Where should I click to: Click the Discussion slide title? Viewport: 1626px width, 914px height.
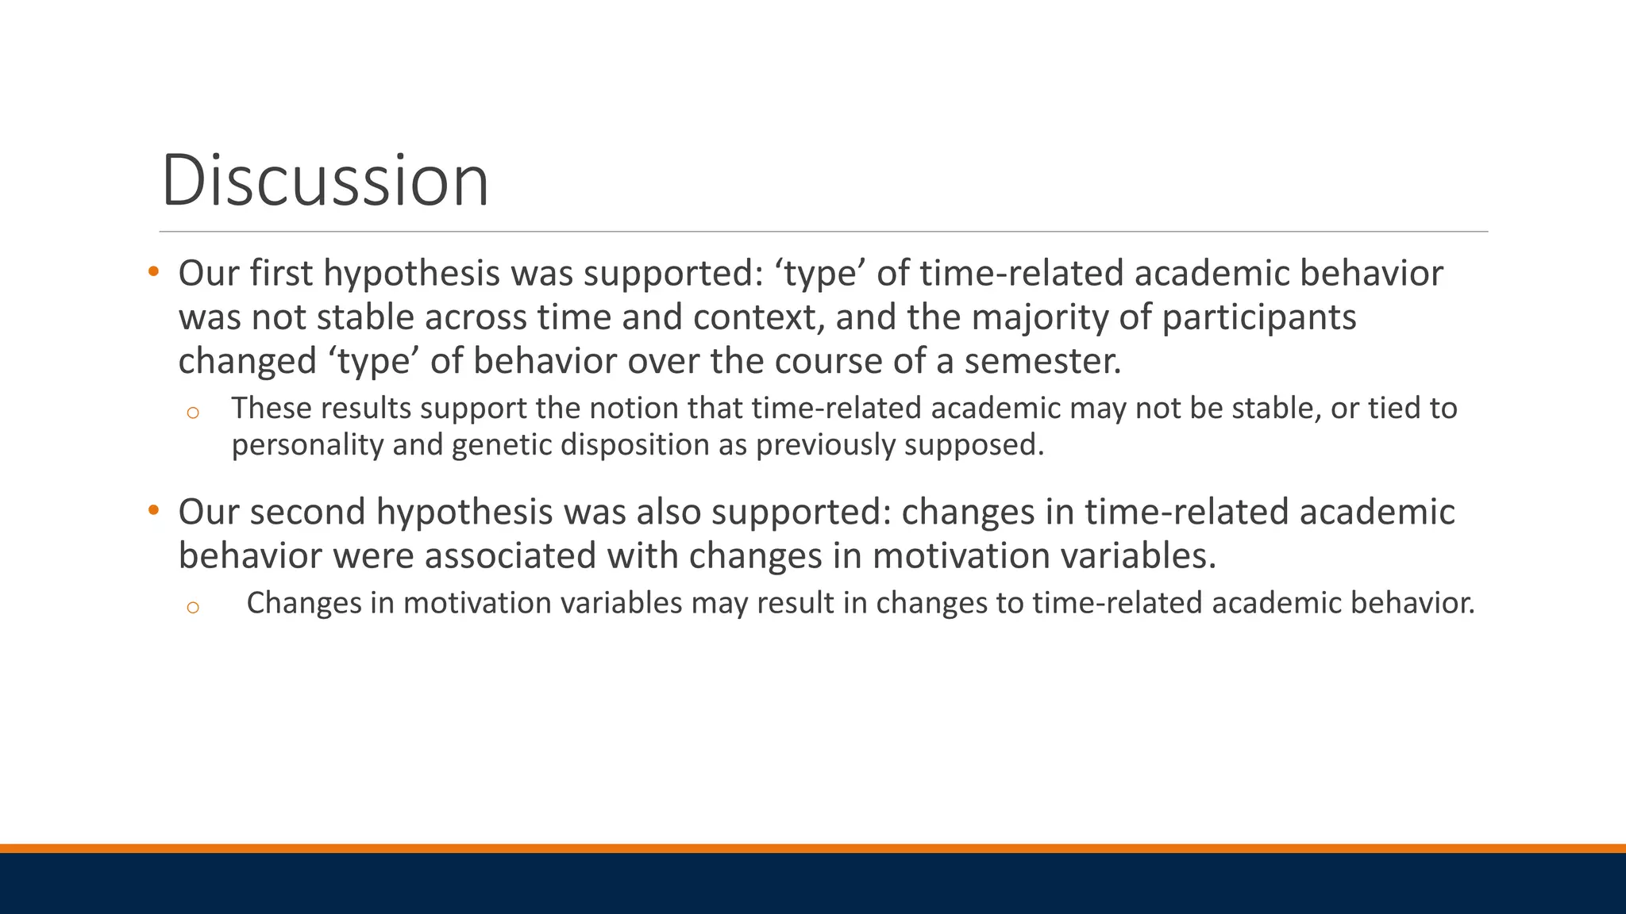pos(325,181)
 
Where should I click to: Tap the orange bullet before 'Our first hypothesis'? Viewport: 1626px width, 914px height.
pos(154,272)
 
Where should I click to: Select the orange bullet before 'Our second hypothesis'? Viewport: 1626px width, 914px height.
pos(154,510)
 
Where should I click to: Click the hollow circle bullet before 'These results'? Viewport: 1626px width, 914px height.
pos(192,413)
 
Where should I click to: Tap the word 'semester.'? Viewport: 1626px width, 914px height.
pos(1042,361)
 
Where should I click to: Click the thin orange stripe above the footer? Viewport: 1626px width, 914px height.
pos(813,848)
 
